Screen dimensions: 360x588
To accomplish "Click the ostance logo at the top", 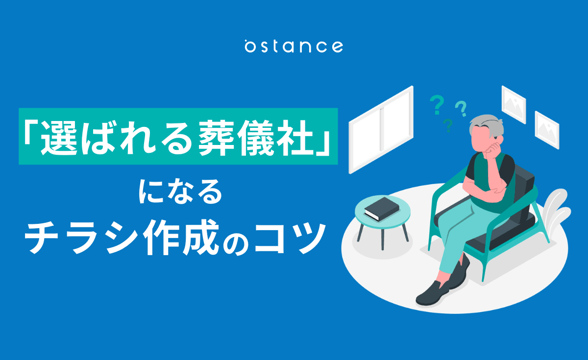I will (294, 46).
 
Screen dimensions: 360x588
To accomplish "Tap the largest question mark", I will (436, 104).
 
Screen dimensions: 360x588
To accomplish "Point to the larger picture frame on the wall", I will (514, 104).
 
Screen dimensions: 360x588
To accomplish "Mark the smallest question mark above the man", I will (447, 125).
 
